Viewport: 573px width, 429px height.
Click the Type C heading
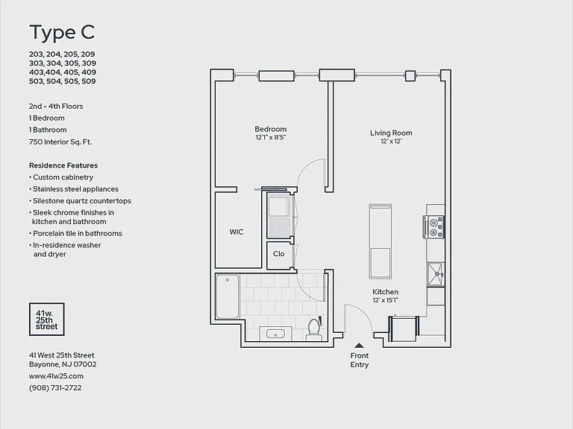click(x=62, y=33)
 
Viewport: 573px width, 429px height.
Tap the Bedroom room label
click(x=270, y=129)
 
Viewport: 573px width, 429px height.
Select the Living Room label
click(x=391, y=133)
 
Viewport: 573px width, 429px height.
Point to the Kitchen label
click(x=385, y=292)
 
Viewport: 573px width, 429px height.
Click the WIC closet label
click(x=237, y=232)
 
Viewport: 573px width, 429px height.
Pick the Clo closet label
click(x=278, y=254)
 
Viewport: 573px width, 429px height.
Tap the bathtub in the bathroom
click(x=228, y=296)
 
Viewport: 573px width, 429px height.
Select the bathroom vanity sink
click(x=275, y=334)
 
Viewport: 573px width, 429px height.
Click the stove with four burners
click(x=433, y=227)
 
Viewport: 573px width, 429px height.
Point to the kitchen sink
click(x=436, y=274)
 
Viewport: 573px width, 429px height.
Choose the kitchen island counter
click(x=380, y=241)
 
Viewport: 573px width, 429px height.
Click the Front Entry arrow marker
click(x=359, y=345)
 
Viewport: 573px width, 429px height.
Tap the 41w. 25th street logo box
click(x=47, y=320)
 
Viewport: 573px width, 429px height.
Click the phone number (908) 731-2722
click(x=55, y=388)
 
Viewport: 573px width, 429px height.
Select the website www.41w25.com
click(x=56, y=376)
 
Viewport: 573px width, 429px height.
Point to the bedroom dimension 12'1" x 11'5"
click(x=270, y=138)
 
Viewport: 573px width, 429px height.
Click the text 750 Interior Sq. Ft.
click(x=60, y=142)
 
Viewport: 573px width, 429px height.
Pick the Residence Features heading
click(x=63, y=165)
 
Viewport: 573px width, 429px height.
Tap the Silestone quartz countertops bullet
click(x=81, y=201)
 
